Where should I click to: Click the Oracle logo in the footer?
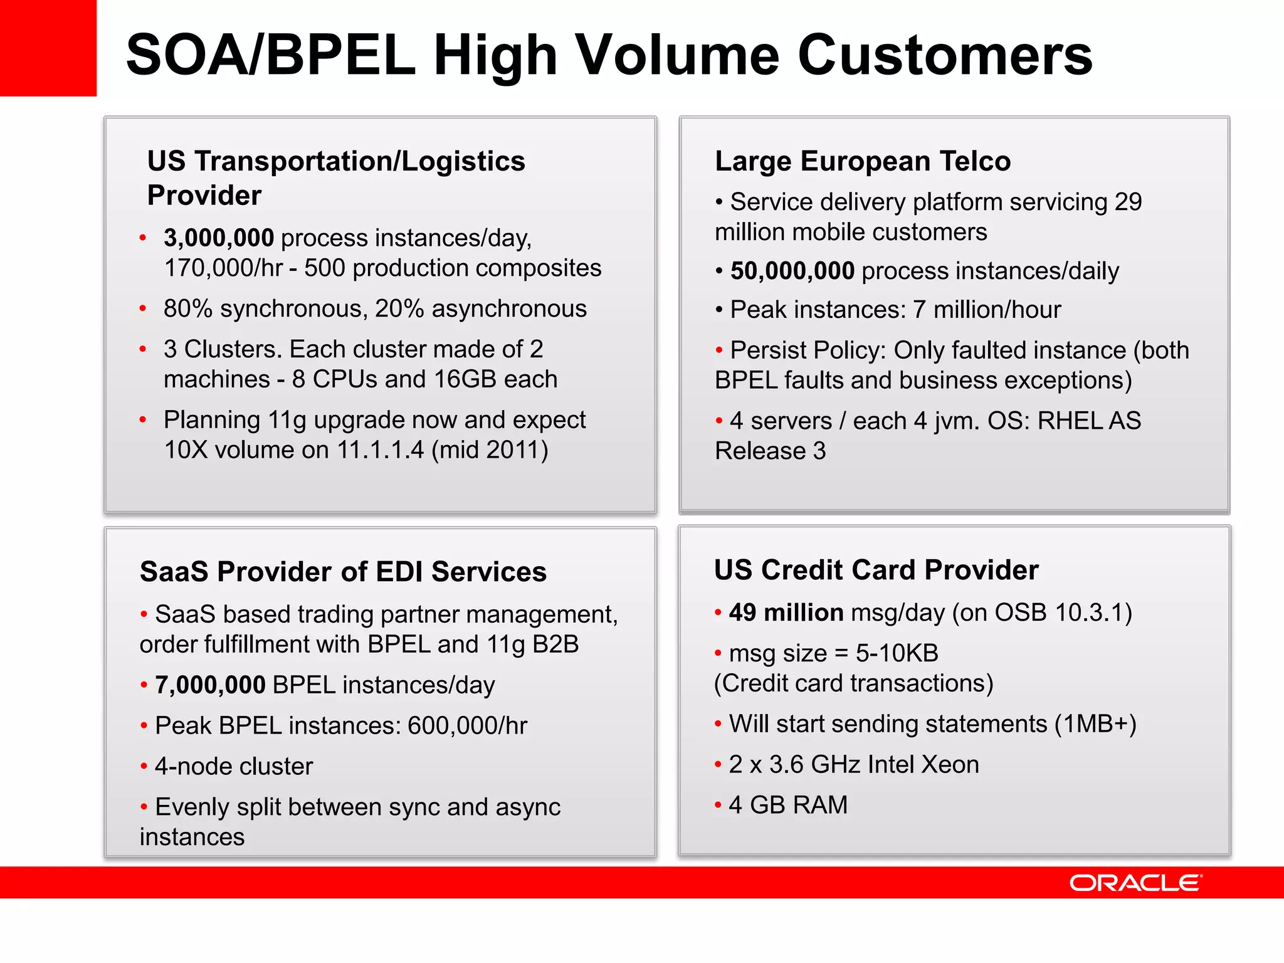click(x=1135, y=883)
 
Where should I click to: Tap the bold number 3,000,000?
click(x=219, y=238)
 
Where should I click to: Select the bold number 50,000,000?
click(x=792, y=271)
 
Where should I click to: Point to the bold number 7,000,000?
click(x=211, y=685)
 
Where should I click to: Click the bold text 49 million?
click(x=786, y=613)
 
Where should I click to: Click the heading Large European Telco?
click(x=863, y=161)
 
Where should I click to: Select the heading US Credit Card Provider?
click(x=876, y=570)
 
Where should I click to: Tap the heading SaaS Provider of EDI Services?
click(x=343, y=572)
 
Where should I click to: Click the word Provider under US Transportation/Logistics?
click(x=204, y=196)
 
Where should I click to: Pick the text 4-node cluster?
click(x=234, y=767)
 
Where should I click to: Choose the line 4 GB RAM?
click(x=788, y=805)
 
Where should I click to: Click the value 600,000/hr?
click(x=467, y=726)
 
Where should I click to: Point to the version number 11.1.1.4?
click(x=381, y=450)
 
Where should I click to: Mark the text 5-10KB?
click(x=897, y=653)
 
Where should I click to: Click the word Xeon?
click(x=950, y=765)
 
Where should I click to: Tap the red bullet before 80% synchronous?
click(x=143, y=308)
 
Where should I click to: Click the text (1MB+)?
click(x=1095, y=724)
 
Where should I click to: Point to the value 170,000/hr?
click(x=224, y=268)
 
